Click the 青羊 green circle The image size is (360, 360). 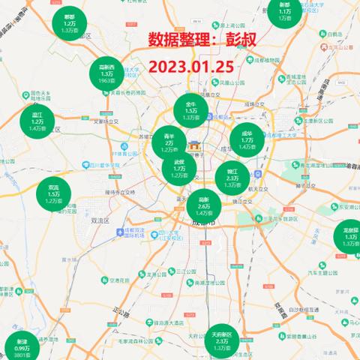(x=169, y=142)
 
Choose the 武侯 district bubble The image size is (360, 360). (x=179, y=168)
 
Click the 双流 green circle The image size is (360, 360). (x=54, y=193)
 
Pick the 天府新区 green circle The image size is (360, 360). (x=222, y=342)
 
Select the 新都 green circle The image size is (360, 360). (x=283, y=13)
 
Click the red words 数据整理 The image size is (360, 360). (x=178, y=39)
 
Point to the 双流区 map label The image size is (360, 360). (x=100, y=221)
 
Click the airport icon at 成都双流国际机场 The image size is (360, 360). (x=120, y=233)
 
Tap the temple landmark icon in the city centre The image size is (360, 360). (x=195, y=145)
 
